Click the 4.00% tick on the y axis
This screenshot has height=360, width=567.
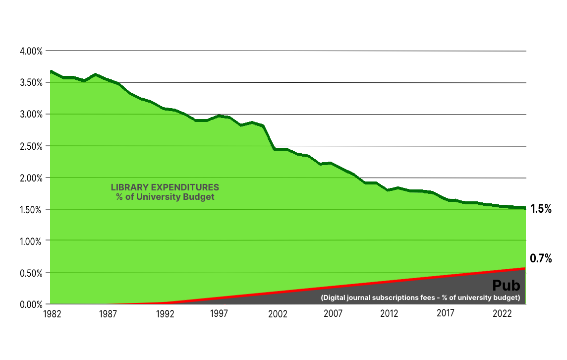(31, 51)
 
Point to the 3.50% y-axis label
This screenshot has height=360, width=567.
(31, 83)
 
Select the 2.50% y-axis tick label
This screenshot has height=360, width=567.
(31, 146)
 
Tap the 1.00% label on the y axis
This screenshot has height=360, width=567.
(31, 241)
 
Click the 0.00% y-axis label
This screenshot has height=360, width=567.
(31, 304)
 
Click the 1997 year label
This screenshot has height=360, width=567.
(219, 314)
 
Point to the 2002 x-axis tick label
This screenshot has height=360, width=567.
(278, 314)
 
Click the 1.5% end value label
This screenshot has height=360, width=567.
(541, 209)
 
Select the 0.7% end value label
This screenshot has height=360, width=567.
(541, 258)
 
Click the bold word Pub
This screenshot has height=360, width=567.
(506, 286)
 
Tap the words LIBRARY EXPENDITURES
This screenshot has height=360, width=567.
(165, 188)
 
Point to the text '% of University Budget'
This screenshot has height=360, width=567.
(165, 197)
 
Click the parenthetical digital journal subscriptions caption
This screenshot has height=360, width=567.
(420, 298)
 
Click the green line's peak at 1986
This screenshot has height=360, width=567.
(96, 74)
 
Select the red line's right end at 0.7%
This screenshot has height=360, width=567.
(524, 268)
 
